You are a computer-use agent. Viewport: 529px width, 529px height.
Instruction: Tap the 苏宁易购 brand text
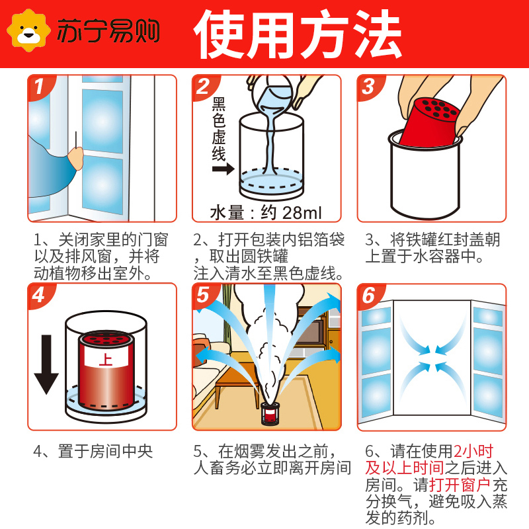coord(108,31)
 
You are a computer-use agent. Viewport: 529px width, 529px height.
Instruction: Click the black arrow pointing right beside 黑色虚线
coord(222,169)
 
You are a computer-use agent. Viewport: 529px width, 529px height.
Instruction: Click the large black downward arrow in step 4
coord(46,364)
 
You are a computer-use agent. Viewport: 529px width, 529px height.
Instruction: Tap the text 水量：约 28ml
coord(265,213)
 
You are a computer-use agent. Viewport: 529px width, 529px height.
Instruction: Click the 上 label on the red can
coord(104,360)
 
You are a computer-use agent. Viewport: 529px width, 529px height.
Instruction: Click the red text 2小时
coord(473,452)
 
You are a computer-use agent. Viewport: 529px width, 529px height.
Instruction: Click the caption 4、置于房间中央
coord(93,452)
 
